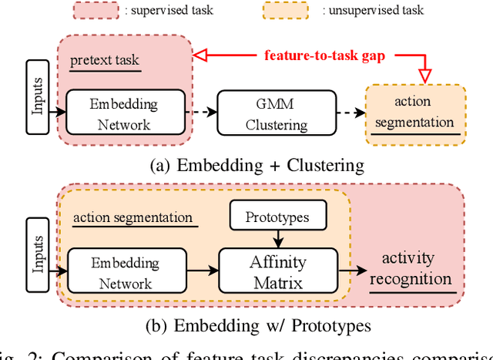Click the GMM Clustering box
pyautogui.click(x=277, y=113)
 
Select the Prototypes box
pyautogui.click(x=277, y=217)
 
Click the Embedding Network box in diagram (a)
pyautogui.click(x=126, y=113)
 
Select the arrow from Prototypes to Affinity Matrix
pyautogui.click(x=277, y=241)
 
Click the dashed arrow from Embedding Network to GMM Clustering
pyautogui.click(x=201, y=113)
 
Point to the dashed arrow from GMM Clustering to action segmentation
pyautogui.click(x=351, y=113)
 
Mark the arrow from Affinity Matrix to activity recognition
pyautogui.click(x=350, y=271)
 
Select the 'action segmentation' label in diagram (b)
pyautogui.click(x=132, y=217)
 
